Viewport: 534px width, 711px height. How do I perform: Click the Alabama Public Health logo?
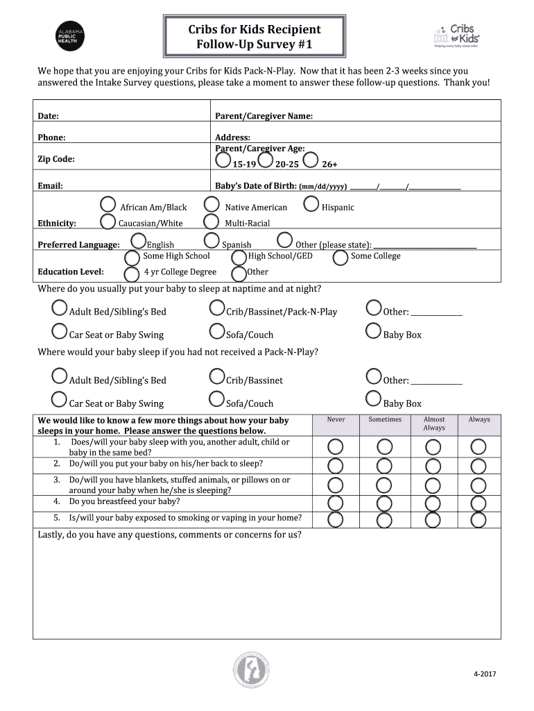point(70,35)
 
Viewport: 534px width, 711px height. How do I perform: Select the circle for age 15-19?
point(223,161)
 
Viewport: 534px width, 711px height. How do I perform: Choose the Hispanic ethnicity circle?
point(311,205)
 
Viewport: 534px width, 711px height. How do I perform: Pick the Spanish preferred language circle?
point(212,241)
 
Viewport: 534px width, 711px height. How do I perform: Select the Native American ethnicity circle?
point(212,205)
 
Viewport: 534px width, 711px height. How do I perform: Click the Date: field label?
point(48,116)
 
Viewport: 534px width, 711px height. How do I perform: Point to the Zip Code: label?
point(56,159)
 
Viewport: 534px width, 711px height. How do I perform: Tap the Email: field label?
point(51,186)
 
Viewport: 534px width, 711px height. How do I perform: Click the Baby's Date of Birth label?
point(256,186)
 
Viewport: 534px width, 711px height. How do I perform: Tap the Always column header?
point(479,419)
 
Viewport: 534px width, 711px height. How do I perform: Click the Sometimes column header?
point(384,419)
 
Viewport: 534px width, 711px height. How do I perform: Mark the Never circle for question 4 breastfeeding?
point(336,503)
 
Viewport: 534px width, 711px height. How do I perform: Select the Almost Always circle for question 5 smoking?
point(433,519)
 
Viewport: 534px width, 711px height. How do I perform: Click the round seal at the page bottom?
point(250,671)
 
